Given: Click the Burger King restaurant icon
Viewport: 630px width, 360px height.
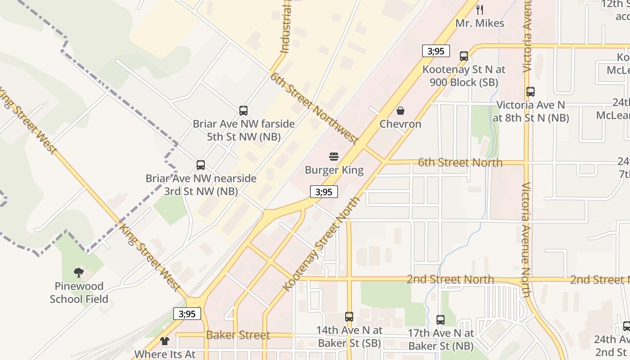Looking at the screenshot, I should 334,157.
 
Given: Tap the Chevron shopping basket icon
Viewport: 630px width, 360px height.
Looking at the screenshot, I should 400,110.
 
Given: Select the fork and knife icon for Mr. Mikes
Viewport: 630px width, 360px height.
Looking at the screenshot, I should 480,9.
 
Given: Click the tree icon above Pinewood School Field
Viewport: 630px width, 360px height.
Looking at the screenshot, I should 79,272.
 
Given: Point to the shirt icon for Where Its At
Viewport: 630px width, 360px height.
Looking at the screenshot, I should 165,341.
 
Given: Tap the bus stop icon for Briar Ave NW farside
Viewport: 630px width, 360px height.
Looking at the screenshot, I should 243,110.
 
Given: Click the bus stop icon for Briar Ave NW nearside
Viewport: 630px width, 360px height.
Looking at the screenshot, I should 201,165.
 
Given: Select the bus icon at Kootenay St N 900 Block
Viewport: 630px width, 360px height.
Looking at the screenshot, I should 464,56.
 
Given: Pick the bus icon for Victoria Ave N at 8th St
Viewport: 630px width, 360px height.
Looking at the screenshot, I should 531,92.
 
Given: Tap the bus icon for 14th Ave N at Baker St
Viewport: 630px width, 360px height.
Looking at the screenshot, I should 349,316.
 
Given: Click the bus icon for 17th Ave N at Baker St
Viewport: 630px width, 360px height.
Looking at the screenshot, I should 441,320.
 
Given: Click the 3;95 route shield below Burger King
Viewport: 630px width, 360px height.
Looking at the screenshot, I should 324,192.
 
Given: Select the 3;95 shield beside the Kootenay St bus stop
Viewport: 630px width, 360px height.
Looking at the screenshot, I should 436,51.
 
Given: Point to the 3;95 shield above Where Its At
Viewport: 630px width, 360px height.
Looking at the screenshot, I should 187,313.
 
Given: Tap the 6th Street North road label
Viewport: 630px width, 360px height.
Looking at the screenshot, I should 460,162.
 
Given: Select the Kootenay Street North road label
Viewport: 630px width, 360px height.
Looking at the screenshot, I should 321,243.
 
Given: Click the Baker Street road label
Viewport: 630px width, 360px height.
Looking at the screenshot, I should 238,335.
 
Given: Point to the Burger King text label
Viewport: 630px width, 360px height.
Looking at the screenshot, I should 334,170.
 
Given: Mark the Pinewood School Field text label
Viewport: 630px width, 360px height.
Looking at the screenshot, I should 79,292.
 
